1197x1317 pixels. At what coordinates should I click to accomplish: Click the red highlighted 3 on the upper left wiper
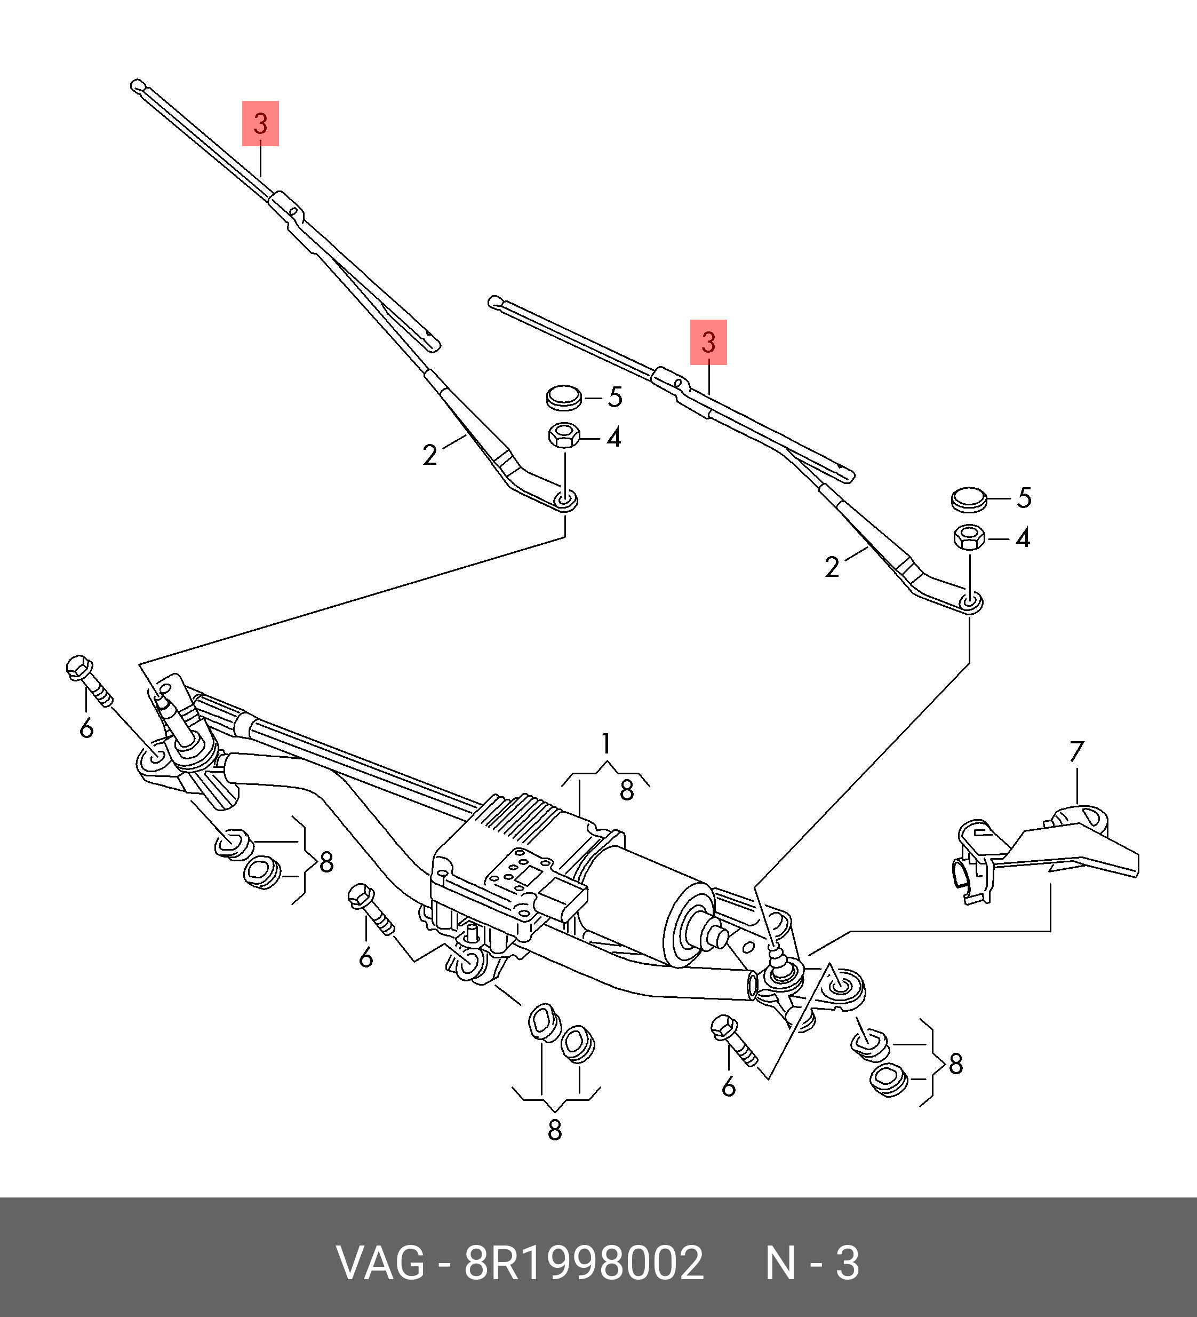pyautogui.click(x=260, y=123)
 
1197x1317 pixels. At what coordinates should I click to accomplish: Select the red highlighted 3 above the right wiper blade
pyautogui.click(x=708, y=342)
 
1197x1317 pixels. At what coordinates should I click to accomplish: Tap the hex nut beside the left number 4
pyautogui.click(x=564, y=436)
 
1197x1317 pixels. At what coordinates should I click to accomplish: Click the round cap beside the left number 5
pyautogui.click(x=564, y=397)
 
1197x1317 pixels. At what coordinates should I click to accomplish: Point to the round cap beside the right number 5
pyautogui.click(x=969, y=499)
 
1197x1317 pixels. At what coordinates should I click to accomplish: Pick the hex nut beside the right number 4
pyautogui.click(x=970, y=538)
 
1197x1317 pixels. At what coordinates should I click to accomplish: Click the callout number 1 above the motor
pyautogui.click(x=606, y=744)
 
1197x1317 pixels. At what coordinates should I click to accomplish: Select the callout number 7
pyautogui.click(x=1076, y=751)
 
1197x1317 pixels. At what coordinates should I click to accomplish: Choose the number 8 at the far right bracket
pyautogui.click(x=955, y=1064)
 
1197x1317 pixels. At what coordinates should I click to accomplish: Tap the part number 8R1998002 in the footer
pyautogui.click(x=584, y=1263)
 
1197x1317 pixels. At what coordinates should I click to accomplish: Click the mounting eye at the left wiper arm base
pyautogui.click(x=565, y=501)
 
